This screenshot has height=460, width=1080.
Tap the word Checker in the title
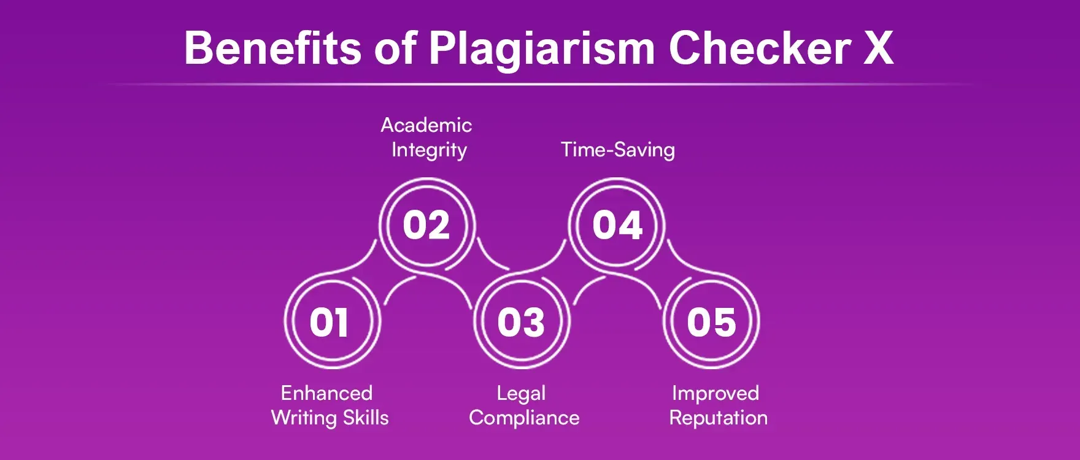[x=760, y=47]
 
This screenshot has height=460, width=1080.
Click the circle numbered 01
[x=331, y=322]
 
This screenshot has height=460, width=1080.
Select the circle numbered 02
[x=426, y=224]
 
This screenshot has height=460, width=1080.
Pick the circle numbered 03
[x=521, y=322]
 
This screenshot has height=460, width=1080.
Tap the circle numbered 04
[x=617, y=224]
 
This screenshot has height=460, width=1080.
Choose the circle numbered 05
[x=712, y=322]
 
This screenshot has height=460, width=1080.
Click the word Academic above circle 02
[x=426, y=125]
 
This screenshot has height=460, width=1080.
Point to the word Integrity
[x=429, y=150]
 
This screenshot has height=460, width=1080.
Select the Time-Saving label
[x=618, y=150]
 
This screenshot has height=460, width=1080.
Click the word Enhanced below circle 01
[x=326, y=393]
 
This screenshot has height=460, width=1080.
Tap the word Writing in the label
[x=304, y=418]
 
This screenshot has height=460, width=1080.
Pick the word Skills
[x=366, y=418]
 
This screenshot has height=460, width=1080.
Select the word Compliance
[x=524, y=418]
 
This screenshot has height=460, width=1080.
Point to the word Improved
[x=715, y=393]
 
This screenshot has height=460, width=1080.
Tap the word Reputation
[x=718, y=418]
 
